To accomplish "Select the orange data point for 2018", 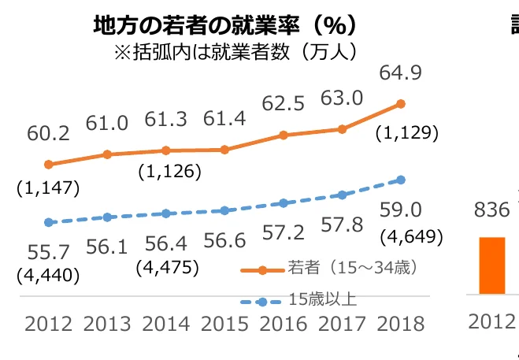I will pos(401,103).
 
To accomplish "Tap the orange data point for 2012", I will pos(49,165).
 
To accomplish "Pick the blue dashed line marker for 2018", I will pos(401,180).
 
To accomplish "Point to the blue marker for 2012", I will pos(49,223).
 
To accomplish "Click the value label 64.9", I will pos(401,73).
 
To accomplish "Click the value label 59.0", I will pos(402,210).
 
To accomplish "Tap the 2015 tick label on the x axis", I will pos(224,324).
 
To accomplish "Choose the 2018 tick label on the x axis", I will pos(401,324).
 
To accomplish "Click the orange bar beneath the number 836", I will pos(492,265).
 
